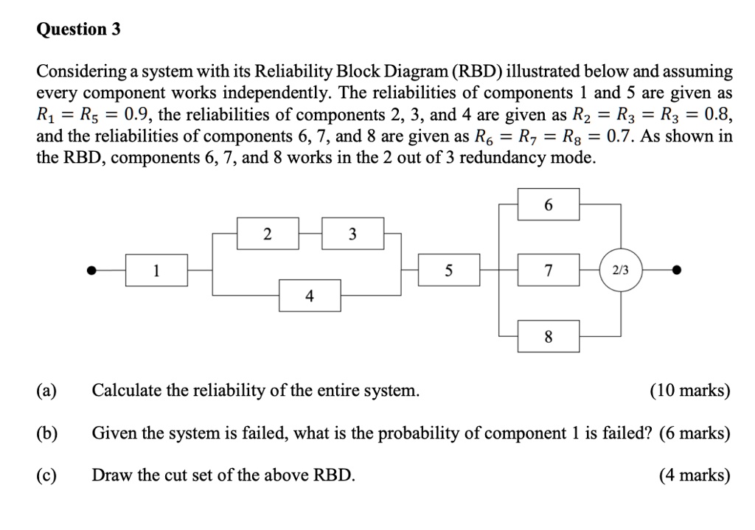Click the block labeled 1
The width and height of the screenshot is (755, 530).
coord(156,271)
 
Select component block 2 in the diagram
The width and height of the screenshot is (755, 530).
coord(267,234)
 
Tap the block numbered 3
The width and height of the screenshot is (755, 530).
coord(352,234)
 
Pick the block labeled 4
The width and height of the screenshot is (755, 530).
coord(309,296)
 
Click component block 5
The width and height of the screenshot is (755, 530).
coord(448,271)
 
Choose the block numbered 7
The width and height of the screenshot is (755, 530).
coord(548,271)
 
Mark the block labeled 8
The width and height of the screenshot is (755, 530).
coord(548,337)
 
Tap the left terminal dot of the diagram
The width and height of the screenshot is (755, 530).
coord(92,271)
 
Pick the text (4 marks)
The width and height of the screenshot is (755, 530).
coord(695,475)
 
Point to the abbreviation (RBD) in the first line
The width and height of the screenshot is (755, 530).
coord(484,72)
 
